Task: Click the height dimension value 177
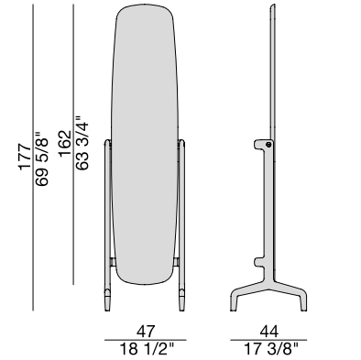point(25,157)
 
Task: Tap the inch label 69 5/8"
point(41,158)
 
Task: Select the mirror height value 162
point(65,144)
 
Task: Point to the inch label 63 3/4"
point(82,143)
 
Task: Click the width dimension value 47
point(146,332)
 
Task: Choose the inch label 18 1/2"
point(147,349)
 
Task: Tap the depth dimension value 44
point(269,332)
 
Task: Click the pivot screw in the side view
point(268,145)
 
